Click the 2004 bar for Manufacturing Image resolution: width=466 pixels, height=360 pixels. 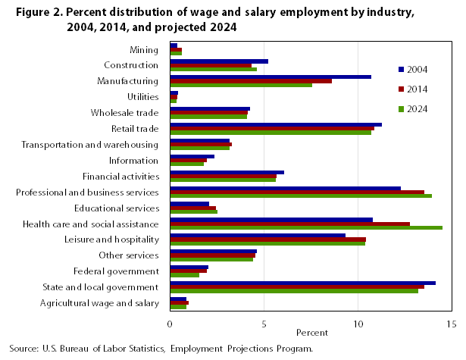click(x=271, y=77)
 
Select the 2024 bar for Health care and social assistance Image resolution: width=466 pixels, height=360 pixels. click(x=306, y=227)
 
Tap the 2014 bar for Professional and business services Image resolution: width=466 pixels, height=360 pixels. click(x=297, y=192)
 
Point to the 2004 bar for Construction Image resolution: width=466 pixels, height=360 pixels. click(x=219, y=61)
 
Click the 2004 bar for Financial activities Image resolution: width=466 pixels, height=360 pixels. click(x=227, y=172)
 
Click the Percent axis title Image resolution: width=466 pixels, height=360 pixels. click(x=311, y=333)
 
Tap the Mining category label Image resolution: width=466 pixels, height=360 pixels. click(x=144, y=50)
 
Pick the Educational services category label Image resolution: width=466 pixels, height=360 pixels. click(x=117, y=208)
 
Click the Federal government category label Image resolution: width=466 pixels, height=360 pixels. click(x=116, y=271)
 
